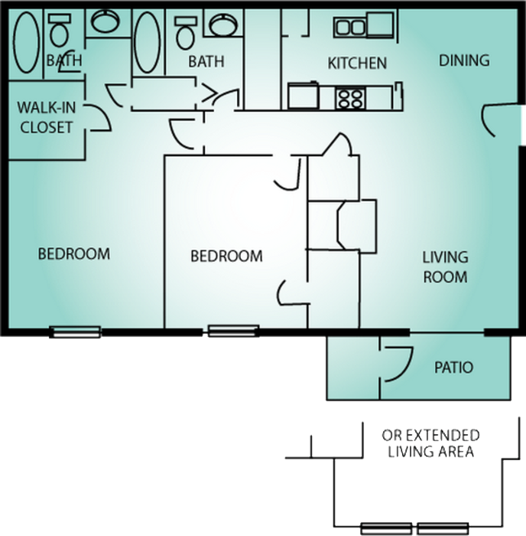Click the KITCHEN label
[x=357, y=63]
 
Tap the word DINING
[x=464, y=60]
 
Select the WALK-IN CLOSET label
[x=46, y=117]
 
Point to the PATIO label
[x=453, y=368]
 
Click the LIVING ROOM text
[x=445, y=266]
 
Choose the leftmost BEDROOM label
[x=74, y=253]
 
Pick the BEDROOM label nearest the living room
[x=226, y=256]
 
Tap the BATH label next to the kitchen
[x=206, y=61]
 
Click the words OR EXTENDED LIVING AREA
[x=430, y=443]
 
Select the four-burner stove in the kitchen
[x=351, y=97]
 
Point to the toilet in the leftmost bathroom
[x=59, y=32]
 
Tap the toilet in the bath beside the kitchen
[x=185, y=33]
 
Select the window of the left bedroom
[x=75, y=332]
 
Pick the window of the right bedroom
[x=233, y=332]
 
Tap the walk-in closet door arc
[x=96, y=118]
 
